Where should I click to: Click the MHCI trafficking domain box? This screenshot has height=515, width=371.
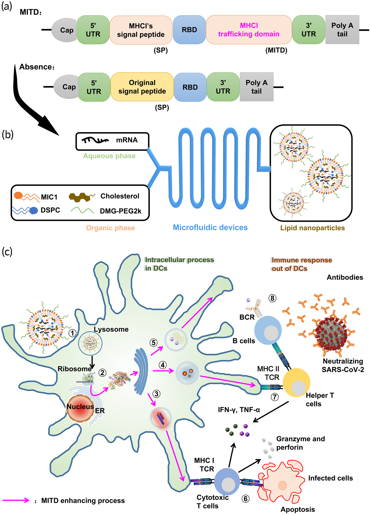[249, 30]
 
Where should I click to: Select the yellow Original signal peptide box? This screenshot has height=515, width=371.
[142, 87]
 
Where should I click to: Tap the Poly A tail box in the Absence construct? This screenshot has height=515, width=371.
[256, 87]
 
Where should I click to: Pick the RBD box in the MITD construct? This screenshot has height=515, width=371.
[189, 30]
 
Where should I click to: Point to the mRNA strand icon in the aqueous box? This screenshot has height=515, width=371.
[95, 140]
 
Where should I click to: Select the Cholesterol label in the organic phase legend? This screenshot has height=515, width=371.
[120, 196]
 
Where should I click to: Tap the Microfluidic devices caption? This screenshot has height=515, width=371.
[210, 228]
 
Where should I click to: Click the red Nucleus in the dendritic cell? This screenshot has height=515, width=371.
[80, 408]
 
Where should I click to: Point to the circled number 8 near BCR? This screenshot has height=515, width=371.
[272, 298]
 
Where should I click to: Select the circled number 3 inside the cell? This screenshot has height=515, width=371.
[156, 394]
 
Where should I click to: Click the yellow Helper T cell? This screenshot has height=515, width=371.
[296, 383]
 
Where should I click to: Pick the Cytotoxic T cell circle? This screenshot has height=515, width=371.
[227, 481]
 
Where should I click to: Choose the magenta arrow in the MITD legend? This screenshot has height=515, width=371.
[16, 500]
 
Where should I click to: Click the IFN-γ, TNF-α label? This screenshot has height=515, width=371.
[239, 410]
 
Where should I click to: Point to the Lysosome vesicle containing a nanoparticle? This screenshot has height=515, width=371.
[90, 343]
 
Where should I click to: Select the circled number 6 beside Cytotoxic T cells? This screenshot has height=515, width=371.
[245, 499]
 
